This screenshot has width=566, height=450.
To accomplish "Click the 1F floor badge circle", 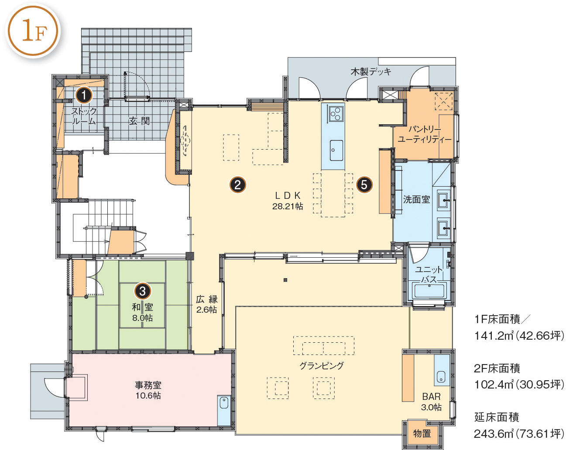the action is click(x=33, y=31).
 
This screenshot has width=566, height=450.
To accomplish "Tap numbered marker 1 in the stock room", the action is click(x=84, y=95).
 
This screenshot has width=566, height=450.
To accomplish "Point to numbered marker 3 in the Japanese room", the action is click(x=142, y=291).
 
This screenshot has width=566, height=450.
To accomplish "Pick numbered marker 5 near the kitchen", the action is click(x=364, y=185).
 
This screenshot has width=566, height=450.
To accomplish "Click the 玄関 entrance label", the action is click(x=139, y=121).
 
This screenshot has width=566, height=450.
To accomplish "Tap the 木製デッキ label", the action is click(x=371, y=72).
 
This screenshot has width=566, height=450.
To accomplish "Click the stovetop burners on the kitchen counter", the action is click(x=336, y=114).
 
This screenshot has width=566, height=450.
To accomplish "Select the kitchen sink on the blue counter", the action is click(x=336, y=150).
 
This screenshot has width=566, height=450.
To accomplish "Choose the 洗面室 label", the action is click(x=417, y=200).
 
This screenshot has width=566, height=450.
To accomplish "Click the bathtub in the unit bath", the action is click(x=429, y=291).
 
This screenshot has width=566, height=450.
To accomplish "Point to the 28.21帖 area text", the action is click(x=288, y=206).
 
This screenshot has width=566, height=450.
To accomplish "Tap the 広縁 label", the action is click(x=207, y=299).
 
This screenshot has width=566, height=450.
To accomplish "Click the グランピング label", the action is click(x=322, y=365).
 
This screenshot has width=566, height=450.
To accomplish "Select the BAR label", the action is click(x=431, y=396).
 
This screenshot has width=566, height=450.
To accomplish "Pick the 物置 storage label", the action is click(x=422, y=433).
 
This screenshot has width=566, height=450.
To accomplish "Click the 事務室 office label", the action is click(x=148, y=385).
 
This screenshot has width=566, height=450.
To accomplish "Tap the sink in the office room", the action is click(x=224, y=402).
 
